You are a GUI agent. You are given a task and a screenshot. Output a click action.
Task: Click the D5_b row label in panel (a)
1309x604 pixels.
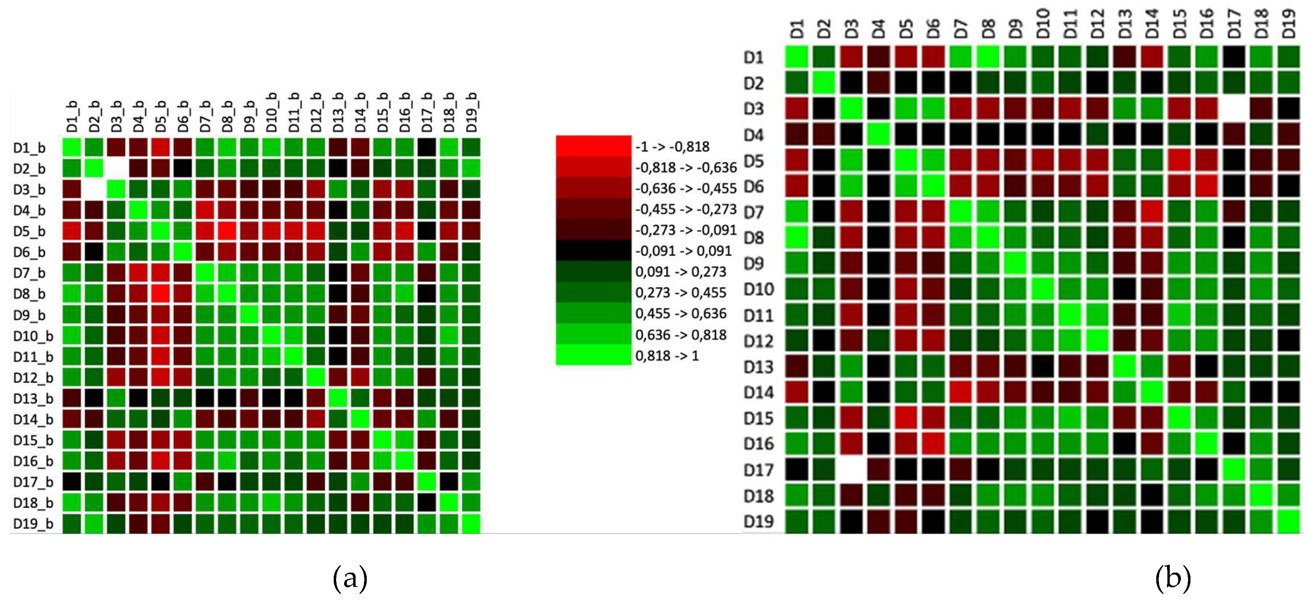point(29,232)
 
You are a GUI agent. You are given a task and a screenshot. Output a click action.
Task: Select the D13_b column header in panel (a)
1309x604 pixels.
point(338,112)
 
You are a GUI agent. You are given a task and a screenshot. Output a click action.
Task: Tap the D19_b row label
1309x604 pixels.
point(33,524)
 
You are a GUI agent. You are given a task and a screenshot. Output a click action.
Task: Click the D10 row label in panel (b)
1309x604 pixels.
point(759,289)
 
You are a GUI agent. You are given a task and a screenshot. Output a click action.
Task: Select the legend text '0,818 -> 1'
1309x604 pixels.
point(667,355)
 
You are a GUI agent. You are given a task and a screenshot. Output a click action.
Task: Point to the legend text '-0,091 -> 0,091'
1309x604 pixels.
point(683,251)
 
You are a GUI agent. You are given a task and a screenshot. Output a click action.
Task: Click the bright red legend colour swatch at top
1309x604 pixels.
point(593,146)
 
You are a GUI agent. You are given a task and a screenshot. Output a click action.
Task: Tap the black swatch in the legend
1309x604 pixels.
point(593,251)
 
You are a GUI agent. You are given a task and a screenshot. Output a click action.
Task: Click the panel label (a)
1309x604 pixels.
point(350,578)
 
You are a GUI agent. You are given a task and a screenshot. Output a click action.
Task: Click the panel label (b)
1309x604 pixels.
point(1172,578)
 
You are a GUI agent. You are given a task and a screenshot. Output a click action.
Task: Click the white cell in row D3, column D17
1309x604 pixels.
point(1234,109)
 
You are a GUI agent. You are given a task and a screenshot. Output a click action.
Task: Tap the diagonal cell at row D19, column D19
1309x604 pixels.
point(1289,522)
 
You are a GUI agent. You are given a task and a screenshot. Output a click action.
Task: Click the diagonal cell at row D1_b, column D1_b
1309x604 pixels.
point(72,147)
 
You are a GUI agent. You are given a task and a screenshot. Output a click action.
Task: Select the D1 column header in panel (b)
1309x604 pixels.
point(796,29)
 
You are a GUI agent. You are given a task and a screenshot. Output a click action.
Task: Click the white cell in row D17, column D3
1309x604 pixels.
point(851,470)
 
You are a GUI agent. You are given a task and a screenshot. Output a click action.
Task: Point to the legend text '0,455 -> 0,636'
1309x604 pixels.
point(681,313)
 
